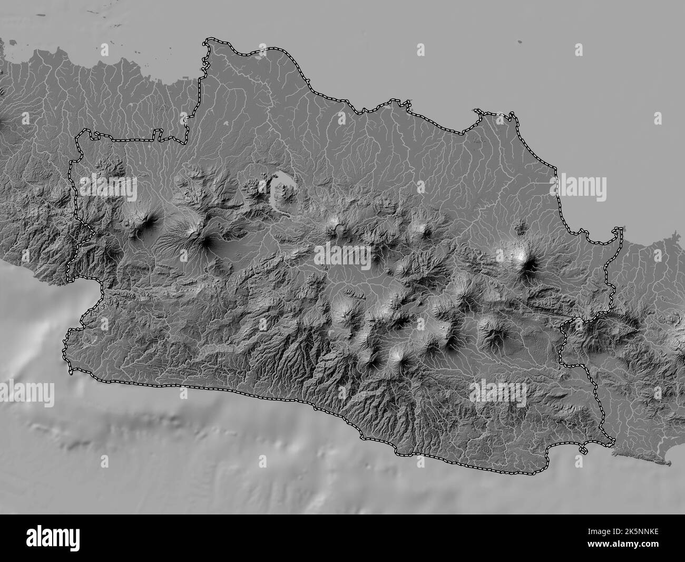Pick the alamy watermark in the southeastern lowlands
point(498,391)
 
